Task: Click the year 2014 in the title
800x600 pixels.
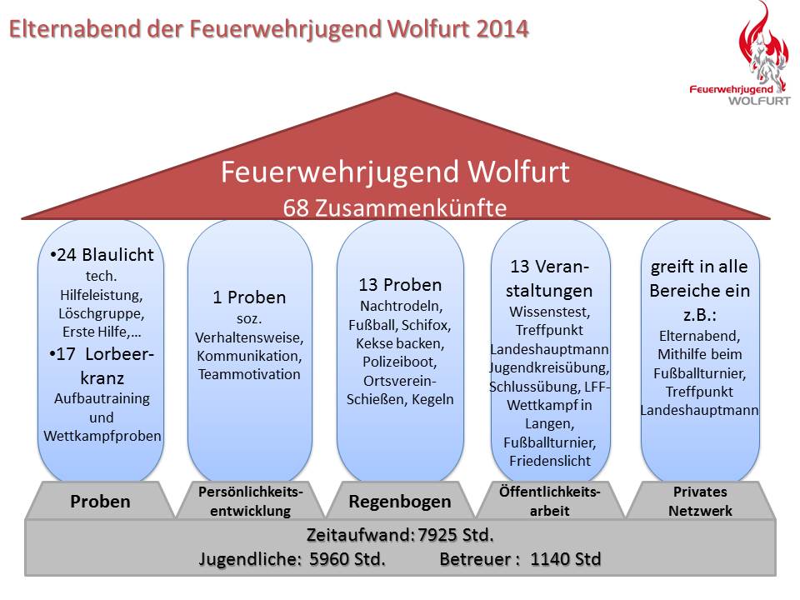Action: click(x=502, y=29)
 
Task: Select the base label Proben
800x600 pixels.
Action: click(x=100, y=501)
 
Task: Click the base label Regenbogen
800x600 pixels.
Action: click(x=399, y=501)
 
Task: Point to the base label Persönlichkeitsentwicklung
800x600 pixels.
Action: click(x=251, y=501)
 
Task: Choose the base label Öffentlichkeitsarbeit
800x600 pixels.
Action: click(x=549, y=501)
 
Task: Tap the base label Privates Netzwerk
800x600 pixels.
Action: click(x=700, y=501)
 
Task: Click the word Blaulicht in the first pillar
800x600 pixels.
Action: click(x=117, y=255)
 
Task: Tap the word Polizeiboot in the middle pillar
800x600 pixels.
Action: click(x=399, y=362)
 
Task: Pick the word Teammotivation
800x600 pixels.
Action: click(x=249, y=374)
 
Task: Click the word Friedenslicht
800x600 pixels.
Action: click(x=549, y=461)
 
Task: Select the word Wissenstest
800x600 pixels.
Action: click(x=549, y=311)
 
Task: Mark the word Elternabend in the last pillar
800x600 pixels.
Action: click(x=699, y=336)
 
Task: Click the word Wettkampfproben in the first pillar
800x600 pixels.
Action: click(x=102, y=436)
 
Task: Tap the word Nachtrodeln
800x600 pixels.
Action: click(x=401, y=306)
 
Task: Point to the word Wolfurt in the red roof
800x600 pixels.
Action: click(x=518, y=172)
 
